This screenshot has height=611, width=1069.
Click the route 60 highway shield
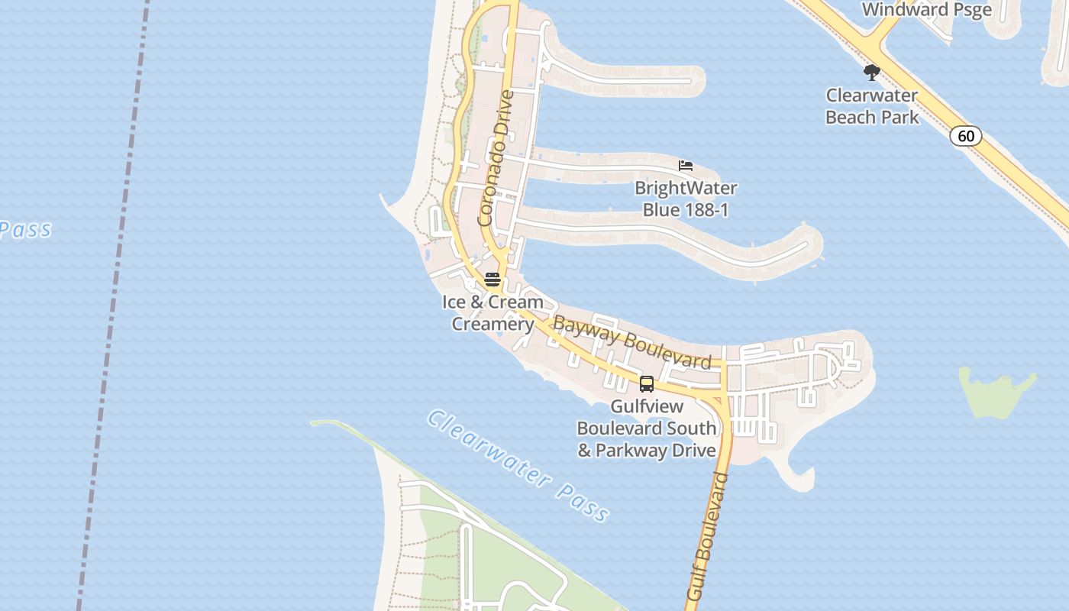[x=966, y=137]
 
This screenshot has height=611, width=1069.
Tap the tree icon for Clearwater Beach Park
[x=871, y=73]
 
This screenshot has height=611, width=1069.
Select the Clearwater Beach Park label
[x=872, y=107]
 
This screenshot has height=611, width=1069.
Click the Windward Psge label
[x=926, y=9]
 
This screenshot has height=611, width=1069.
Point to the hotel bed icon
[x=686, y=165]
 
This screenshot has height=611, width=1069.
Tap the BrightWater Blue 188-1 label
[x=686, y=199]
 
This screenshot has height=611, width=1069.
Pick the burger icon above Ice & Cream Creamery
[x=493, y=279]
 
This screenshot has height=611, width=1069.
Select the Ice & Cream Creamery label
[x=493, y=312]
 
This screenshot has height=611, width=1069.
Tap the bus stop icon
[x=647, y=383]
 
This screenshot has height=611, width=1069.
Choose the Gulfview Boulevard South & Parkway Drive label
[x=647, y=428]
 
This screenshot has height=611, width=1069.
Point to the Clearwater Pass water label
[x=518, y=466]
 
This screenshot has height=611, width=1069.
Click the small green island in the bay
[x=995, y=391]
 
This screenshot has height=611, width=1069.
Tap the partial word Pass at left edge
[x=24, y=229]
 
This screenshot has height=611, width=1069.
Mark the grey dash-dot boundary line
[x=115, y=305]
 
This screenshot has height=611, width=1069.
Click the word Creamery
[x=493, y=324]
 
